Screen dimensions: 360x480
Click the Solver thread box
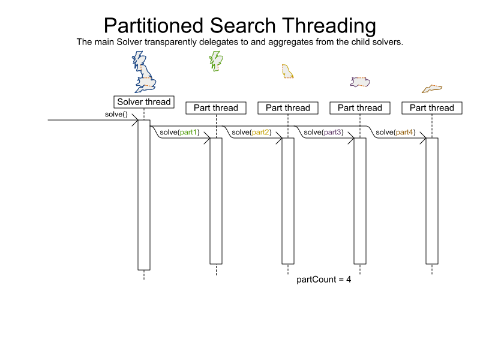tap(144, 102)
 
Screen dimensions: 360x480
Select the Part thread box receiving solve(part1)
tap(216, 108)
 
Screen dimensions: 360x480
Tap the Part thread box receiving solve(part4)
tap(432, 108)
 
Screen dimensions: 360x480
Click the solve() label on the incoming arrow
tap(116, 114)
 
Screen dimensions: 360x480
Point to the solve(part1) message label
tap(179, 132)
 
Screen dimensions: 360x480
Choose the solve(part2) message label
tap(251, 132)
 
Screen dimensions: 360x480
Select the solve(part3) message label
tap(323, 132)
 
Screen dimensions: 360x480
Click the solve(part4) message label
tap(395, 132)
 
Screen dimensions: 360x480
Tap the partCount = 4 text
tap(324, 280)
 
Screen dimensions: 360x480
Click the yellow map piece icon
tap(287, 71)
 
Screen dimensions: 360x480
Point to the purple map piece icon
tap(360, 82)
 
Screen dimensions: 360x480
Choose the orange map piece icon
tap(432, 89)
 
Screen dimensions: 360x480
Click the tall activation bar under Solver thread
tap(144, 195)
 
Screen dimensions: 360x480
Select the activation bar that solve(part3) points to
tap(360, 201)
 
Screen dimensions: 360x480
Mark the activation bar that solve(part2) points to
tap(288, 201)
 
